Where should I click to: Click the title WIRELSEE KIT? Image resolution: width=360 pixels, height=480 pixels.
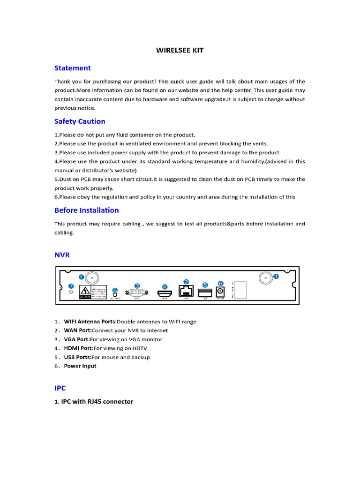coord(180,50)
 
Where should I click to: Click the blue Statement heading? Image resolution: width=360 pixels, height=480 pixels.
coord(72,68)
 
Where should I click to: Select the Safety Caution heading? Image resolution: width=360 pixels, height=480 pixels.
coord(80,121)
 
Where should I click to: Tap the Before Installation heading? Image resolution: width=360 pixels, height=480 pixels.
coord(86,210)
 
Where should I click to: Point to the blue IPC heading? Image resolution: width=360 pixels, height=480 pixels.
coord(60,388)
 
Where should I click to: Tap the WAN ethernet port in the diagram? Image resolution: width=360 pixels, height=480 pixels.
coord(186,291)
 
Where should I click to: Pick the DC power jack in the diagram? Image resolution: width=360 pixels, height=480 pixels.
coord(219,292)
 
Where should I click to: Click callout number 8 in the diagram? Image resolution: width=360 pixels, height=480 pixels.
coord(116,291)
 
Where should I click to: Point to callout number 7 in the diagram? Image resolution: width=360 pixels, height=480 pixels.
coord(71,285)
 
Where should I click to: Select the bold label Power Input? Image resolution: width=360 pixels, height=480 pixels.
coord(80,366)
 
